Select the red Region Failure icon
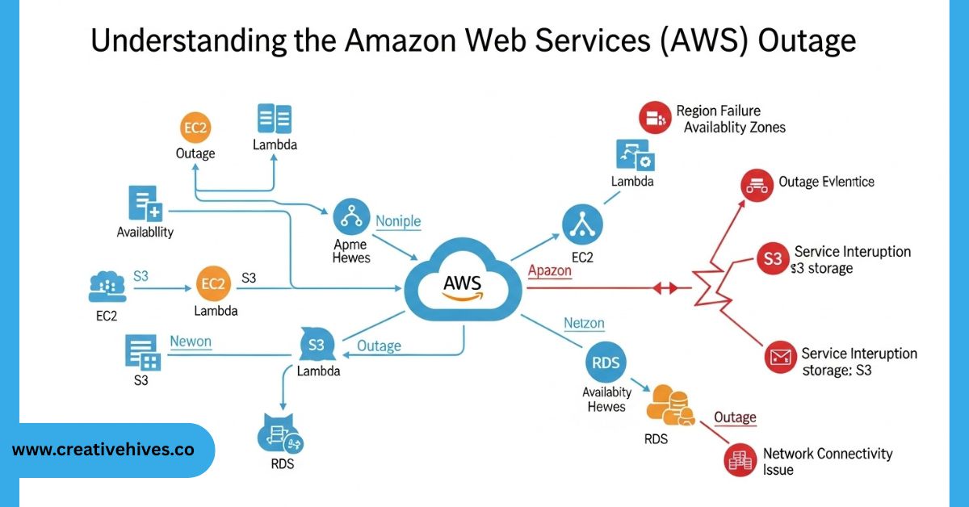655,118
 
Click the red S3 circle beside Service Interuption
773,259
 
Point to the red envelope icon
781,356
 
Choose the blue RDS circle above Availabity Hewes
605,362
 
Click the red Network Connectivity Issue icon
740,460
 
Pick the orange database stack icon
669,406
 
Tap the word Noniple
398,221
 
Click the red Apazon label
549,271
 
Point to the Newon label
191,341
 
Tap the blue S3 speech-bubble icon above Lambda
316,345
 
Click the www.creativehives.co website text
103,450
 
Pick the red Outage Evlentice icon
757,186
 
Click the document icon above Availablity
145,204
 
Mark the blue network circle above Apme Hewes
350,219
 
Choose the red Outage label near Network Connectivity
735,417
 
